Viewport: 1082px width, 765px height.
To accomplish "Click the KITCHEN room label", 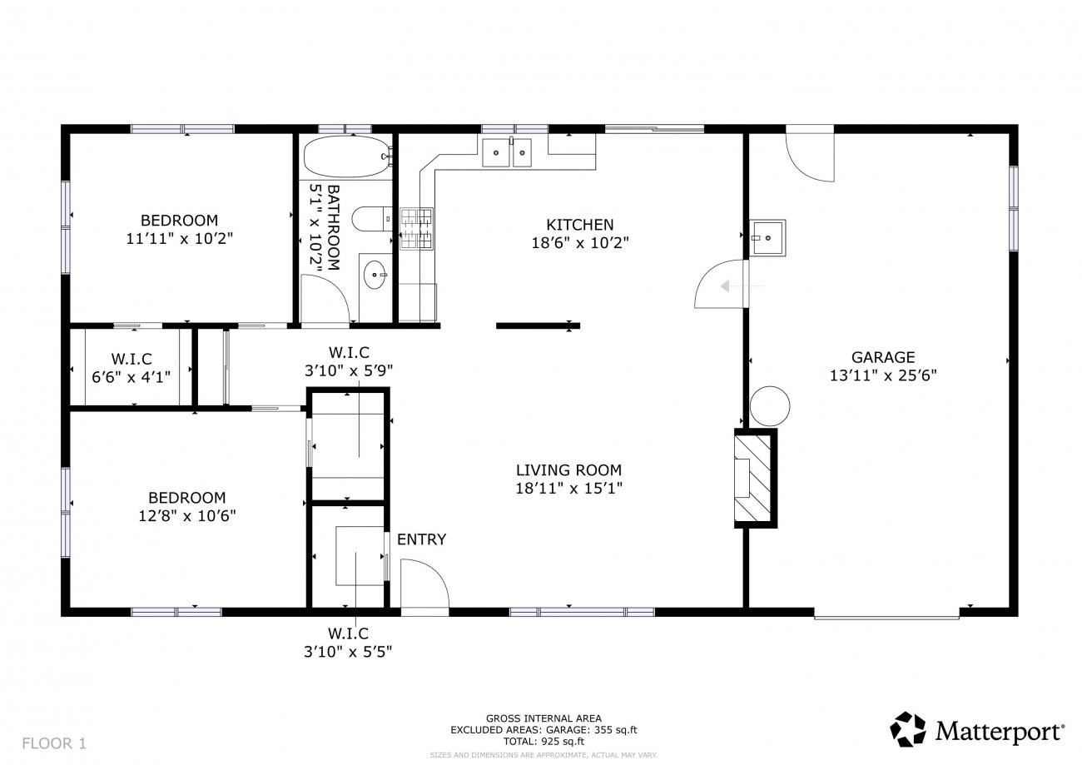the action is (579, 225).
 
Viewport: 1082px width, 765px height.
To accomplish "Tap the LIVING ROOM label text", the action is (568, 470).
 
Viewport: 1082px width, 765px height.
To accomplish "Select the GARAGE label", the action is (883, 357).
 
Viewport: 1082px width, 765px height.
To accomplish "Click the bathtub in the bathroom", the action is (347, 156).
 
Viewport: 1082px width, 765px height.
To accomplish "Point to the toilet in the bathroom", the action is (372, 219).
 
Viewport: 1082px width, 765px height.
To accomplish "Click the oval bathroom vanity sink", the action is (375, 275).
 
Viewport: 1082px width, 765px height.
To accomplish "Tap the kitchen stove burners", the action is (416, 228).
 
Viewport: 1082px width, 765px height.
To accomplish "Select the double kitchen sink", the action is (507, 152).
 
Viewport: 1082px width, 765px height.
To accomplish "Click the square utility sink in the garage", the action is (767, 237).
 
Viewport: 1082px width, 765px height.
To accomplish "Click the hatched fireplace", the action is (756, 478).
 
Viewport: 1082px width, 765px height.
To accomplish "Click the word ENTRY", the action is (422, 539).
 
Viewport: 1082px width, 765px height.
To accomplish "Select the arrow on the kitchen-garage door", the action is (742, 286).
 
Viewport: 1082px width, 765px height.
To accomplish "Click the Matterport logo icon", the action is (908, 729).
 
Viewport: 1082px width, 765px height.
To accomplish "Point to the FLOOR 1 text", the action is (54, 743).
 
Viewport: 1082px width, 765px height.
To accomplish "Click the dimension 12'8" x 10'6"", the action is (187, 516).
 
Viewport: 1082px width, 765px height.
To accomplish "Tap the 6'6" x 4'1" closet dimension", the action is (132, 377).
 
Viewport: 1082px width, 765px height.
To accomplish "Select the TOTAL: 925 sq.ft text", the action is (543, 742).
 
